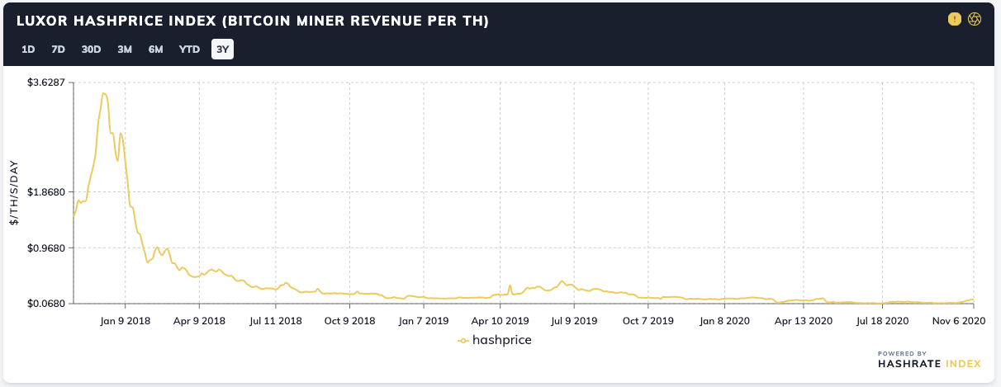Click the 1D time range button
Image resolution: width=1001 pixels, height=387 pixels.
[28, 50]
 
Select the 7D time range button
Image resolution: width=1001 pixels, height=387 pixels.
[58, 50]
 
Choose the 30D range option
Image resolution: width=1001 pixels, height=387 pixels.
[91, 50]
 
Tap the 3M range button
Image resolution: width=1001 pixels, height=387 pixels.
[125, 50]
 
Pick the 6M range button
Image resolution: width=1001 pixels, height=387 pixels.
[156, 50]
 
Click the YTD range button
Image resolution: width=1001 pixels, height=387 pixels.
[190, 50]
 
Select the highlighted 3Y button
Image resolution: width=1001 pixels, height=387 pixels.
[222, 50]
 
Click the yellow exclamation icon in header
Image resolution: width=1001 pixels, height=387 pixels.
[956, 19]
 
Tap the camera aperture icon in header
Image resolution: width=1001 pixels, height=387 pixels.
[975, 19]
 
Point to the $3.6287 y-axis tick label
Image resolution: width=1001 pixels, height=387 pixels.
[46, 83]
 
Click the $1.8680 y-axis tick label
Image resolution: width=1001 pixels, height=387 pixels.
[46, 191]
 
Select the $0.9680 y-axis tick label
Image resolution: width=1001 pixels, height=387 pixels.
[46, 248]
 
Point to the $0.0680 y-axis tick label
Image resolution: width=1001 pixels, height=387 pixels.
[46, 304]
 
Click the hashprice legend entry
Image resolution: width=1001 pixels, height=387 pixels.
[495, 339]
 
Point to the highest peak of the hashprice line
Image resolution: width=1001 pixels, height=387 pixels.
[103, 93]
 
